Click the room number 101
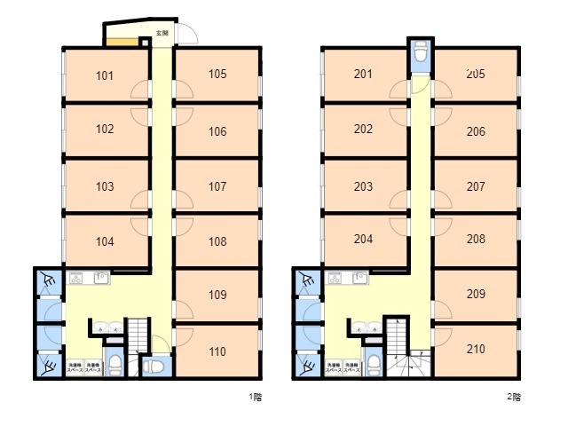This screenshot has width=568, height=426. point(105,75)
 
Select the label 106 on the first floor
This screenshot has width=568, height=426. point(217,131)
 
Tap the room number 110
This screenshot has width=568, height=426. point(217,351)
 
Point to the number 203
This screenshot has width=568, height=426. point(363,186)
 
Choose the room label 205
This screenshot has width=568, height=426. point(475,75)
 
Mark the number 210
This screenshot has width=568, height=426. point(475,349)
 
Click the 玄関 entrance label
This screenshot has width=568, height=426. point(162,33)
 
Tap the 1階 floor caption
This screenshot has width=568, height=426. point(256,397)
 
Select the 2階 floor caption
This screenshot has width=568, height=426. point(514,397)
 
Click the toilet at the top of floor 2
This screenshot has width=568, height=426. point(421,55)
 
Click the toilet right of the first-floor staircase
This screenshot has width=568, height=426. point(153,365)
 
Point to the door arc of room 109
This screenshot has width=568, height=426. point(182,310)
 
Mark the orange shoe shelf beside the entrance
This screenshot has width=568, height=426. point(125,40)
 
